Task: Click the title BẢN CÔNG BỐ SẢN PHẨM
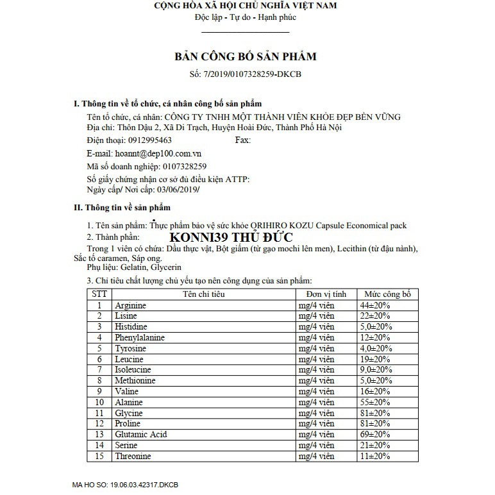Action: [246, 56]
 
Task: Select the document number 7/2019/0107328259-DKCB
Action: [255, 74]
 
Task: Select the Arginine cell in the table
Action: [130, 306]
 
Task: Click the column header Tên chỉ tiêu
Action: [203, 294]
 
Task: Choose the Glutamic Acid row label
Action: [140, 435]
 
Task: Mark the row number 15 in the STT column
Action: [99, 457]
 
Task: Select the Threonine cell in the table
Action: [133, 457]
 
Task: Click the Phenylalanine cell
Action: [140, 338]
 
